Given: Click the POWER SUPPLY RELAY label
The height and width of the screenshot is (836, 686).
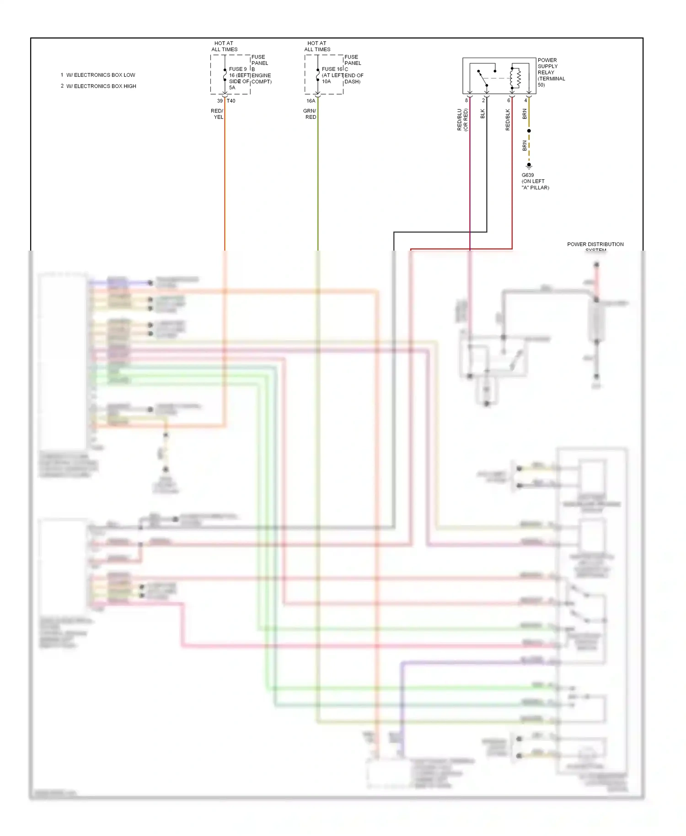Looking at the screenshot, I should (x=551, y=72).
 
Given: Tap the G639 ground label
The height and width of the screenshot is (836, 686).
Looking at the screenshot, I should (x=527, y=175).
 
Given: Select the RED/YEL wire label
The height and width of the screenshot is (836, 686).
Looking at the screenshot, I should (x=217, y=114).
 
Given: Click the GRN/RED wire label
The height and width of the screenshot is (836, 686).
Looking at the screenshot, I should (x=310, y=114).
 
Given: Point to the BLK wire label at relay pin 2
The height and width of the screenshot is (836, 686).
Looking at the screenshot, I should (x=482, y=114).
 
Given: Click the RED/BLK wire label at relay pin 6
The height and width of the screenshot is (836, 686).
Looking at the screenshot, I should (x=508, y=119).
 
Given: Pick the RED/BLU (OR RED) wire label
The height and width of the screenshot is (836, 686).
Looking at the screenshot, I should (x=462, y=119).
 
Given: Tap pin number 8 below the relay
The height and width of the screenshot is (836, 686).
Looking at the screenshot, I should (x=466, y=101).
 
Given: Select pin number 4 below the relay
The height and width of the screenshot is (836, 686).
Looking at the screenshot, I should (x=525, y=101).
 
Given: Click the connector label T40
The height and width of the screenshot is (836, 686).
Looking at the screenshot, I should (x=231, y=101).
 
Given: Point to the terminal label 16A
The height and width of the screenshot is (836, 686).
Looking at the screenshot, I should (x=311, y=101).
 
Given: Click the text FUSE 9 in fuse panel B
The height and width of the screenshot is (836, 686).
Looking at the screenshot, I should (x=238, y=69).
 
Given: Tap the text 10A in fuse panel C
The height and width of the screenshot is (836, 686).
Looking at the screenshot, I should (x=326, y=81).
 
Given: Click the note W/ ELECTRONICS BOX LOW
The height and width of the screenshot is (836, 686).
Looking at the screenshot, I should (x=101, y=75).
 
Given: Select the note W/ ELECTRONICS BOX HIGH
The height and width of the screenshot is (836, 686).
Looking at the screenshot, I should (x=101, y=86).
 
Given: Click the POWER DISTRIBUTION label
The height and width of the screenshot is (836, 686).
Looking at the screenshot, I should (x=595, y=244).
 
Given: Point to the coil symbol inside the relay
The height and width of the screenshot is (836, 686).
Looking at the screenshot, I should (x=518, y=78).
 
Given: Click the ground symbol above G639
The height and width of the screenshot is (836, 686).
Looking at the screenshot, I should (x=529, y=166).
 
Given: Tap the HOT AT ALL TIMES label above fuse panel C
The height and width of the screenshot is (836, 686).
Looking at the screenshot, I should (x=317, y=46).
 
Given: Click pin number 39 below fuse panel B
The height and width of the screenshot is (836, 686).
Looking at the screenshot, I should (x=220, y=101).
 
